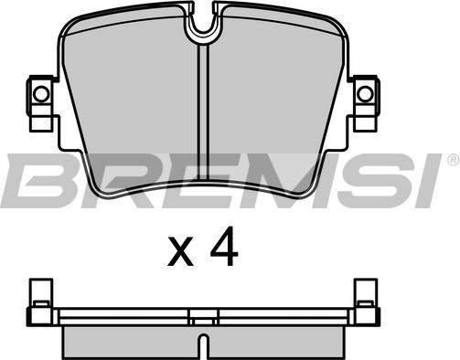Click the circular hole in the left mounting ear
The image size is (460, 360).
tap(41, 94)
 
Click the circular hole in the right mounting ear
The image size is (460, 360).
tap(365, 94)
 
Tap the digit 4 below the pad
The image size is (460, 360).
tap(224, 246)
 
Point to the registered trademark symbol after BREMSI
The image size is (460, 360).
tap(454, 160)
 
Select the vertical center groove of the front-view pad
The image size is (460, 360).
tap(203, 112)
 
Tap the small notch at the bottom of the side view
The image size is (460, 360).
tap(203, 346)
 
